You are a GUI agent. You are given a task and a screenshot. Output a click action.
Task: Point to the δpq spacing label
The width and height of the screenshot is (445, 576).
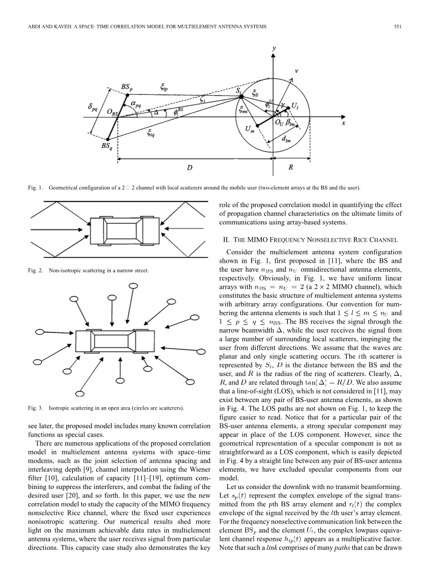[93, 108]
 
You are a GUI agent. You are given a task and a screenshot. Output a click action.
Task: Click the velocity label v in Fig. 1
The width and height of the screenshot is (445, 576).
[296, 71]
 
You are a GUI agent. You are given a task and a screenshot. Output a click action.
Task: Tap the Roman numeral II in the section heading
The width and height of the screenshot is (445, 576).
[226, 240]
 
